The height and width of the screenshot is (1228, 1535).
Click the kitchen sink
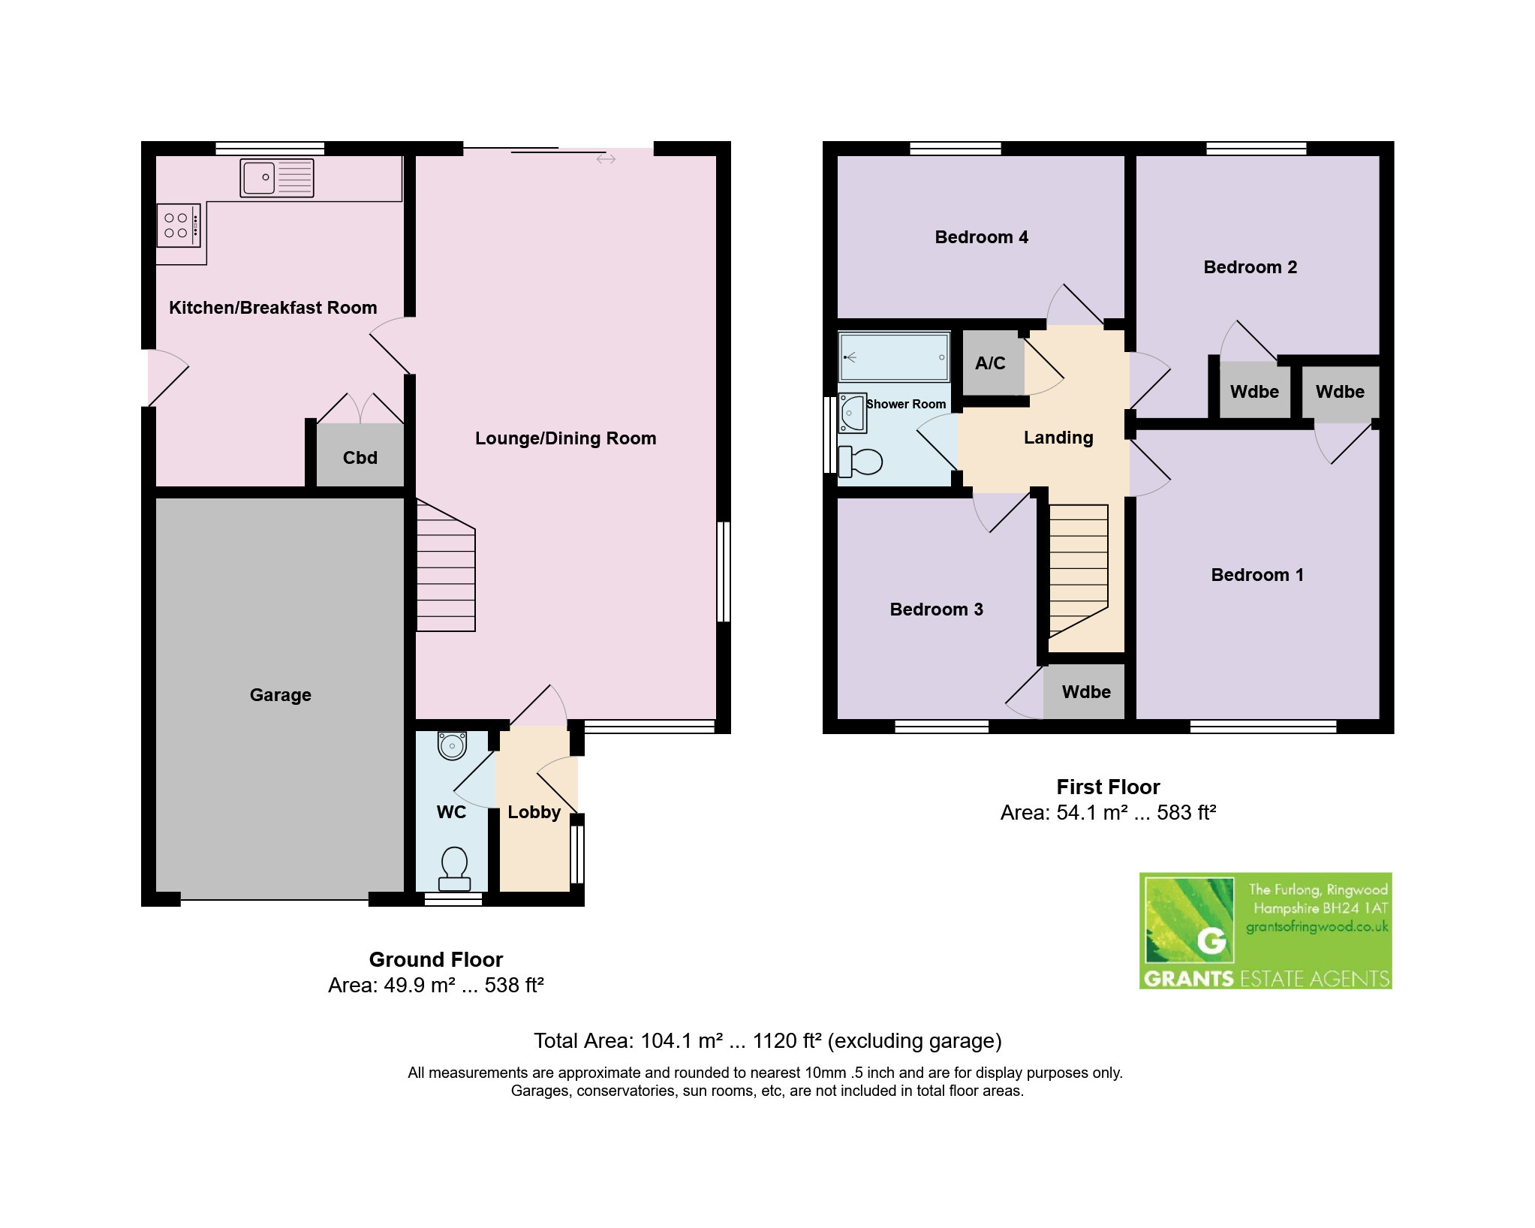(x=276, y=178)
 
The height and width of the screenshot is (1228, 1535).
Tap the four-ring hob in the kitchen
(x=179, y=225)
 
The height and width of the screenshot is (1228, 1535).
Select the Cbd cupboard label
(x=360, y=458)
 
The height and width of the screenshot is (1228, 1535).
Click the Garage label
(x=281, y=695)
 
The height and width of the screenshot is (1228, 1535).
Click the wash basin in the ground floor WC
(x=452, y=745)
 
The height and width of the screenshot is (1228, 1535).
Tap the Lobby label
(x=534, y=812)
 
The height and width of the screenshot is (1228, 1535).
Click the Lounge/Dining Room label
(x=566, y=438)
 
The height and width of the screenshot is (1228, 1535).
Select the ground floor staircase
(x=446, y=565)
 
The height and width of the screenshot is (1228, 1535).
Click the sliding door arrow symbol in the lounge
(x=606, y=159)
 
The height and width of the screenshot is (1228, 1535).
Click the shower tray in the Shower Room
(x=894, y=358)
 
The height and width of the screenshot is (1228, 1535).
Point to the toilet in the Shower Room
(x=860, y=462)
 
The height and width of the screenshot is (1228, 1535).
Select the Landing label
(x=1058, y=438)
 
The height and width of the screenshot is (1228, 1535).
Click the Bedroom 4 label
(x=982, y=237)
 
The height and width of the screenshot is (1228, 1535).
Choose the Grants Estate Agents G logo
(x=1188, y=921)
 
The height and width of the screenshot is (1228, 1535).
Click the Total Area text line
(x=768, y=1041)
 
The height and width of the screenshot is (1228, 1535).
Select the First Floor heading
(x=1109, y=787)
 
